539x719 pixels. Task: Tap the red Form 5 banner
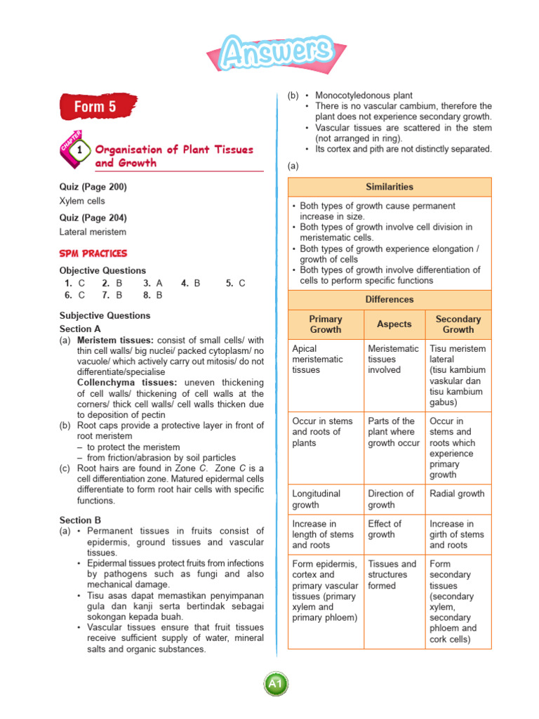97,107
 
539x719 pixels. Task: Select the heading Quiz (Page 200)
93,187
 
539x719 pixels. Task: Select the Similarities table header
390,187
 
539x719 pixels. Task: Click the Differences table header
390,300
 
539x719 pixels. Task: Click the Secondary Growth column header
458,324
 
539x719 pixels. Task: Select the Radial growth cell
457,494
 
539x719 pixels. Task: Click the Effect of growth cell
385,529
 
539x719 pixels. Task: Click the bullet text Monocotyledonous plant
364,95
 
